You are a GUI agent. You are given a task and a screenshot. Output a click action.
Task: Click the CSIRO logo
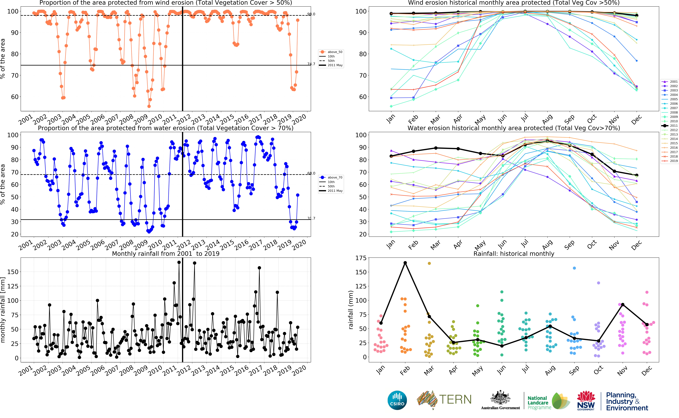coord(397,400)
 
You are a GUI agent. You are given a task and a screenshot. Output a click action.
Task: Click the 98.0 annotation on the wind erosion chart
coord(311,14)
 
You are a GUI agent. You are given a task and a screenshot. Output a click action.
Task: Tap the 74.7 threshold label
coord(311,64)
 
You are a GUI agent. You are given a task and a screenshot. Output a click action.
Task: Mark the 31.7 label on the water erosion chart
coord(311,218)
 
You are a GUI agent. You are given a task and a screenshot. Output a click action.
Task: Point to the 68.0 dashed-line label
coord(311,173)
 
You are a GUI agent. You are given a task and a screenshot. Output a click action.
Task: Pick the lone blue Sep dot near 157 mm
coord(574,268)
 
